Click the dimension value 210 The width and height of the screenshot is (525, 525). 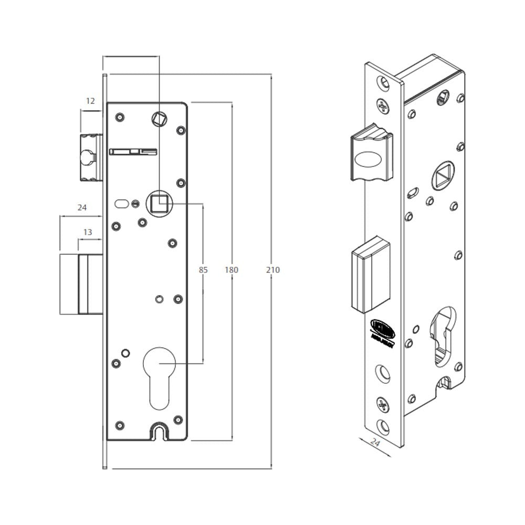point(272,270)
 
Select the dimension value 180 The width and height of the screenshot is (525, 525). point(232,270)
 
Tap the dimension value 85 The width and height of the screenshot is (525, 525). point(203,270)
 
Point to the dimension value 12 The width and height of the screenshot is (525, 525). point(90,101)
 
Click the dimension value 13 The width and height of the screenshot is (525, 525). point(88,232)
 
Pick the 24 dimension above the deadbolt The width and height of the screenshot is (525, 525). point(81,207)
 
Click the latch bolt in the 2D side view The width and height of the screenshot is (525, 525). point(89,157)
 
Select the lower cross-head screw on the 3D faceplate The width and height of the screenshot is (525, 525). point(383,404)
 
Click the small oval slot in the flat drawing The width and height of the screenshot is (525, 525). point(121,203)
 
